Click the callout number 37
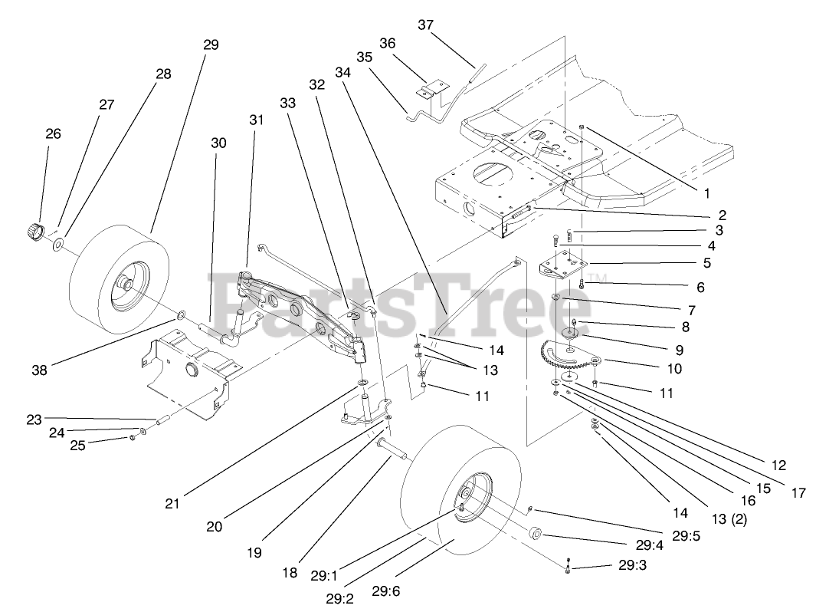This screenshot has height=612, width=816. tap(425, 25)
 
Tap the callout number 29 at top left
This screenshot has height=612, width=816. tap(211, 44)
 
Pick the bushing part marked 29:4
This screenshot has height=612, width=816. tap(536, 533)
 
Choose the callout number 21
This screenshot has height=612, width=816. tap(172, 504)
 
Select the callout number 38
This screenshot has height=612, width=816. tap(39, 370)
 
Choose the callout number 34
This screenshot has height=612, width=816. tap(342, 72)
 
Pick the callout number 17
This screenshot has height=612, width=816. tap(798, 493)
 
